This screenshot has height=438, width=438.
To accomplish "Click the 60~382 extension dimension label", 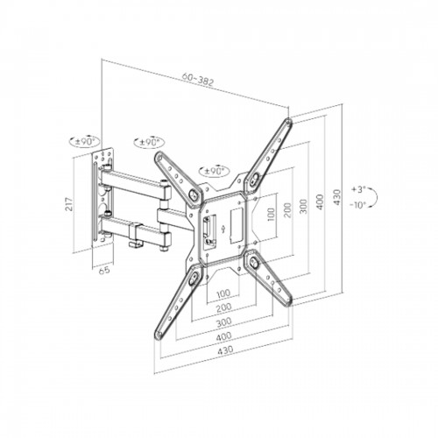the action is (198, 79).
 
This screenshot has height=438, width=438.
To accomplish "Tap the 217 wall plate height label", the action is (69, 204).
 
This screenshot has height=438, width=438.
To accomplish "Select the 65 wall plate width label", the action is (104, 271).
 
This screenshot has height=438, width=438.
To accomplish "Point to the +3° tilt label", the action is (358, 189).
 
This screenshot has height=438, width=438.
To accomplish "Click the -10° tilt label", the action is (358, 205).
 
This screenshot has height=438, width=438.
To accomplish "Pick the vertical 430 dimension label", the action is (337, 197).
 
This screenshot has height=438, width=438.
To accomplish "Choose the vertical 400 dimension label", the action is (321, 201).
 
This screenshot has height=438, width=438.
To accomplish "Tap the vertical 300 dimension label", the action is (304, 207).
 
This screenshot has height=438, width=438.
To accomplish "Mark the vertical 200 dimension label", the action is (287, 210).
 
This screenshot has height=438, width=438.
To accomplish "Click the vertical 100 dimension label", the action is (271, 215).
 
